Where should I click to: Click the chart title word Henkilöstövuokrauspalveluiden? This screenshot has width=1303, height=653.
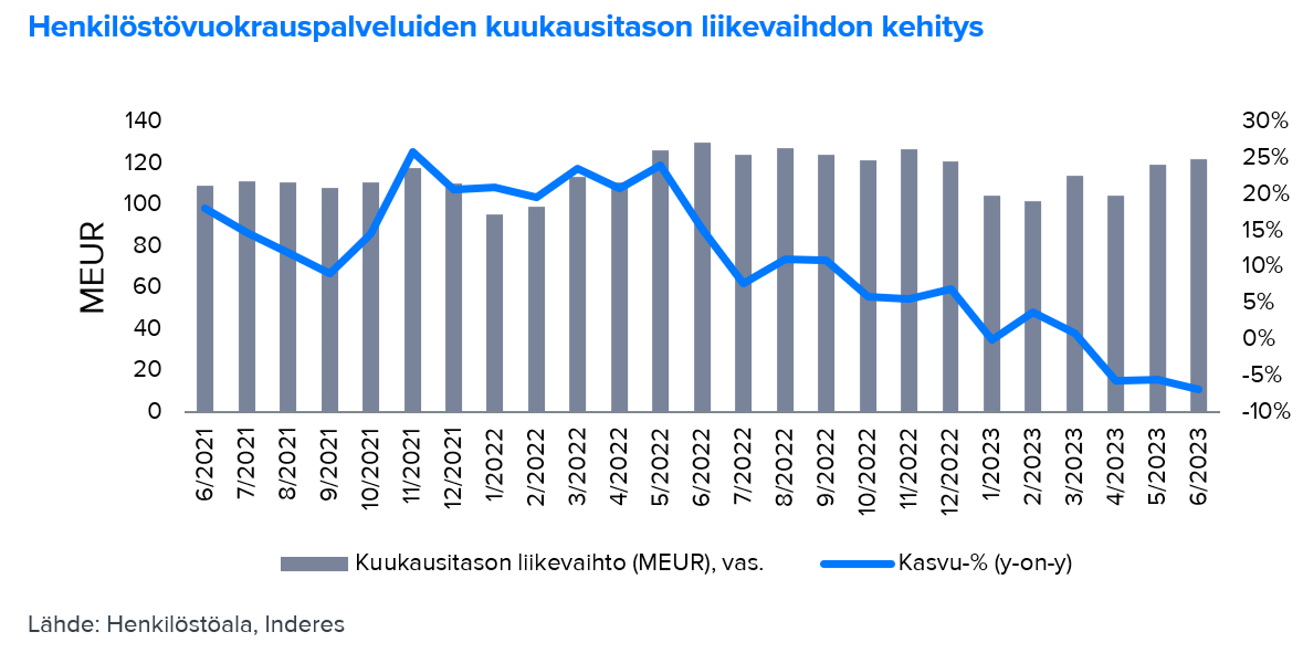(253, 27)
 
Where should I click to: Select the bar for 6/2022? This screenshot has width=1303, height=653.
(702, 278)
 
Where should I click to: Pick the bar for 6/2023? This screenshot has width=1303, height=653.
(1198, 286)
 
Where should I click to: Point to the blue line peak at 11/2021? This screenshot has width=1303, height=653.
(412, 152)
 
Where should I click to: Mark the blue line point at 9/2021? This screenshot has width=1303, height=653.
(329, 273)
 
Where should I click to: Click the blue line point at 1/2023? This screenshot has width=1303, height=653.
(992, 339)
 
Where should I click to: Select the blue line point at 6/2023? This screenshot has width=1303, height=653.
(1198, 389)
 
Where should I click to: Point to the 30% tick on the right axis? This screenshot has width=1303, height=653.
(1265, 121)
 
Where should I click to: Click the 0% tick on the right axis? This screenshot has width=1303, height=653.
(1259, 338)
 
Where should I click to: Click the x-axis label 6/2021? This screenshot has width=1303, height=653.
(204, 465)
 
